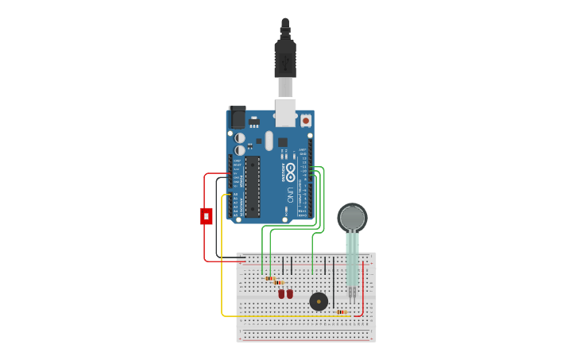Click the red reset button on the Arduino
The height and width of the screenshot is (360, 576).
(305, 121)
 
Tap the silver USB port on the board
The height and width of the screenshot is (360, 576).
(284, 112)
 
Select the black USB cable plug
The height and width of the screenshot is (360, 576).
(284, 59)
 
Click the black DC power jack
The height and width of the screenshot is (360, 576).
(238, 118)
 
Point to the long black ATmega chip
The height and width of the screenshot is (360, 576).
(252, 186)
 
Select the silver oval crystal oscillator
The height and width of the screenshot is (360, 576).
(269, 141)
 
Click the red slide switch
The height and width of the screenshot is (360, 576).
(207, 215)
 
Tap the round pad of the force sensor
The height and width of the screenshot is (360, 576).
(352, 218)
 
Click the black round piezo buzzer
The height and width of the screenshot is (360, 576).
(319, 301)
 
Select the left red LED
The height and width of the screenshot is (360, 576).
(281, 294)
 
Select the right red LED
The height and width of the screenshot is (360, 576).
(290, 294)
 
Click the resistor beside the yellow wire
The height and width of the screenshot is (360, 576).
(342, 312)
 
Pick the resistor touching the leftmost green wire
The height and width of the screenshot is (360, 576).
(269, 278)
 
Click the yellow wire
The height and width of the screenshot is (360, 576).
(222, 262)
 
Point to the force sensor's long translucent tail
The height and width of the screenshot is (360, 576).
(352, 258)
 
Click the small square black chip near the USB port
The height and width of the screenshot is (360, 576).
(282, 142)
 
